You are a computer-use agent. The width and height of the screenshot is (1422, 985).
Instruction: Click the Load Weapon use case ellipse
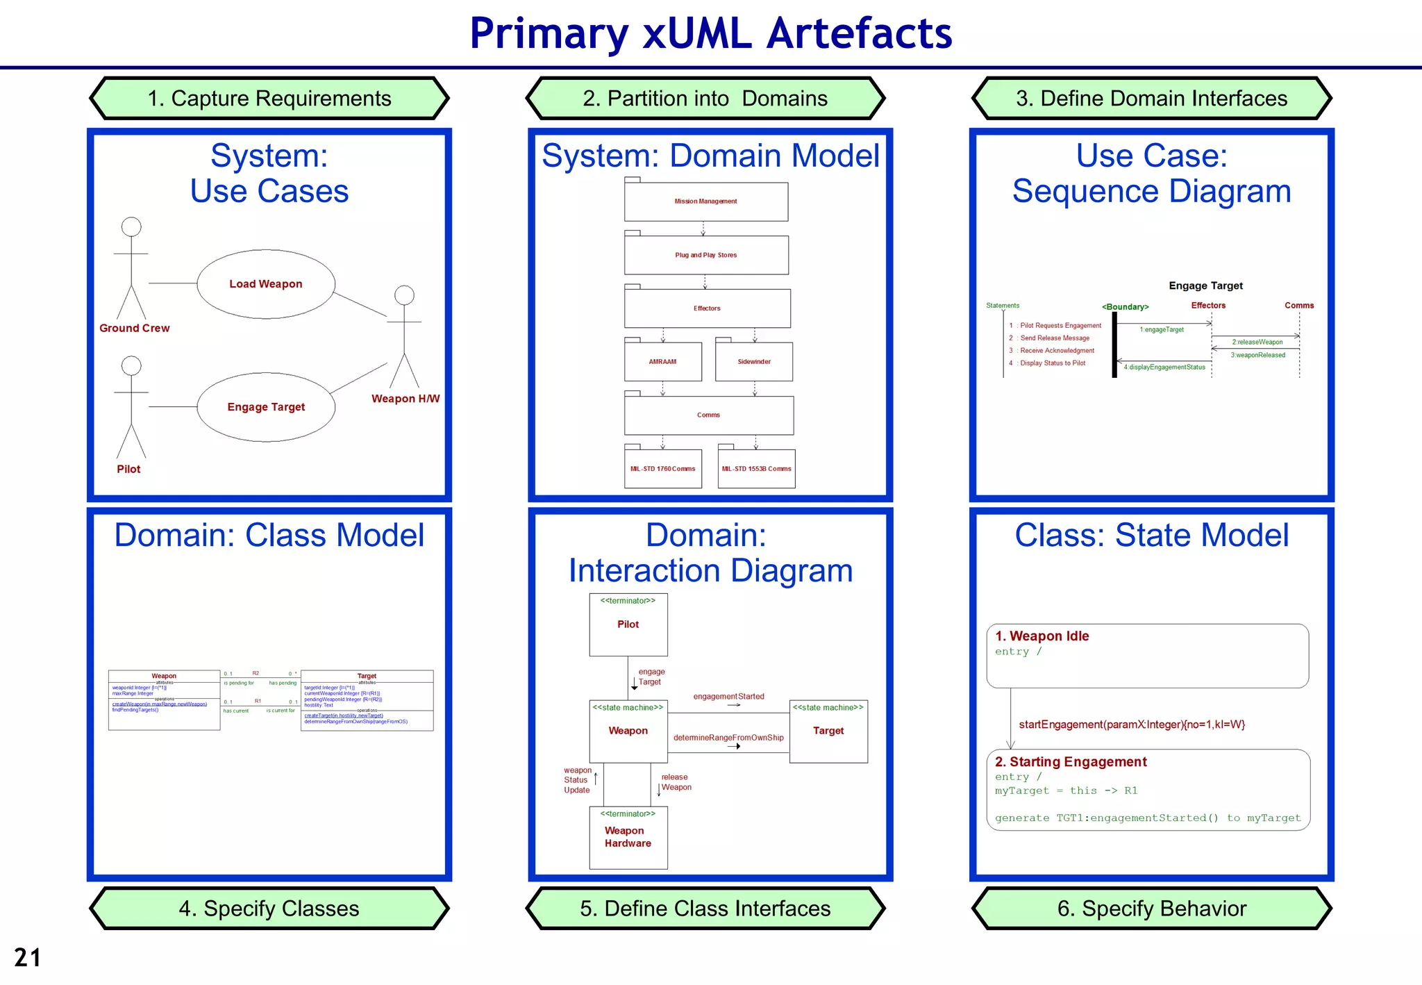coord(266,284)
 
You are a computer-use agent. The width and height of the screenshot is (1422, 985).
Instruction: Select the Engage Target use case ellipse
coord(266,407)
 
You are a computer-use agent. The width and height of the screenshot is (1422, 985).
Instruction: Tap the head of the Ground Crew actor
coord(131,226)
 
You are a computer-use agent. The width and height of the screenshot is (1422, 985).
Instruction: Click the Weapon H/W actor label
coord(405,399)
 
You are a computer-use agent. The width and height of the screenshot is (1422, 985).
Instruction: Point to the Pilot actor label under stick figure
coord(128,470)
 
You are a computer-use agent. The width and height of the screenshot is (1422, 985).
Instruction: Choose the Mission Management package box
coord(705,201)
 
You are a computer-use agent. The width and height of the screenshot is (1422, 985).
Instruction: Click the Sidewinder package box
coord(754,362)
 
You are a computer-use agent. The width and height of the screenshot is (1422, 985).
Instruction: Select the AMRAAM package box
coord(662,362)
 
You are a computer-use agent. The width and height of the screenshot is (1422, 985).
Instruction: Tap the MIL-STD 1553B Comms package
coord(756,469)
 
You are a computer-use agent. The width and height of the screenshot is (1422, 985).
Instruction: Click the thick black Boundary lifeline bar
coord(1114,345)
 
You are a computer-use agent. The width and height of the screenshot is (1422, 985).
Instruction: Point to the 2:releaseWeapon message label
coord(1257,342)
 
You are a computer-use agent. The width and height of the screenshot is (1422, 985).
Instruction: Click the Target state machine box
coord(828,731)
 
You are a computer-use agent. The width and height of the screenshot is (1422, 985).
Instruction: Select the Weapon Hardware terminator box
coord(628,837)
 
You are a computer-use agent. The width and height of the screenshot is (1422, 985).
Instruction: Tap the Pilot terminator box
coord(628,624)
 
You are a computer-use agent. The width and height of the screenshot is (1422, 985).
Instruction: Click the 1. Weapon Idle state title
coord(1042,636)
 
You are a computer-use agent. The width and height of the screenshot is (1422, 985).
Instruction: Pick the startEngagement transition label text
coord(1132,725)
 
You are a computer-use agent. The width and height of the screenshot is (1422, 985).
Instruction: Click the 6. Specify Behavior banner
coord(1151,909)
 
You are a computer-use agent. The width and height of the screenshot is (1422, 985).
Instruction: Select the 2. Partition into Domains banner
coord(705,99)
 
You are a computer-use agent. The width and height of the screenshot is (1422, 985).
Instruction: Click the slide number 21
coord(28,958)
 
